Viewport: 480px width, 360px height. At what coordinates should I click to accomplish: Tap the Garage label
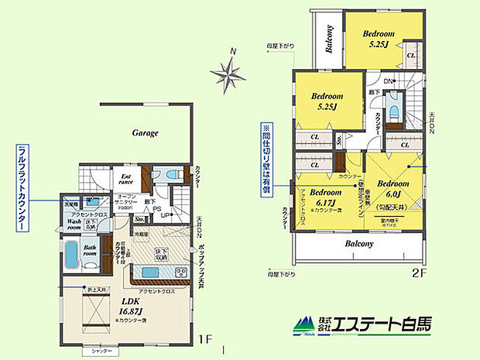click(144, 133)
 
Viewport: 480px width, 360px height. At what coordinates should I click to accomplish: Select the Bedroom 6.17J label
click(325, 196)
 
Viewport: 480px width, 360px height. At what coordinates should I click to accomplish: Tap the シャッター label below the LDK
click(101, 351)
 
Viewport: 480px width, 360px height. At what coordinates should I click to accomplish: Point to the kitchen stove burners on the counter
click(181, 270)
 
